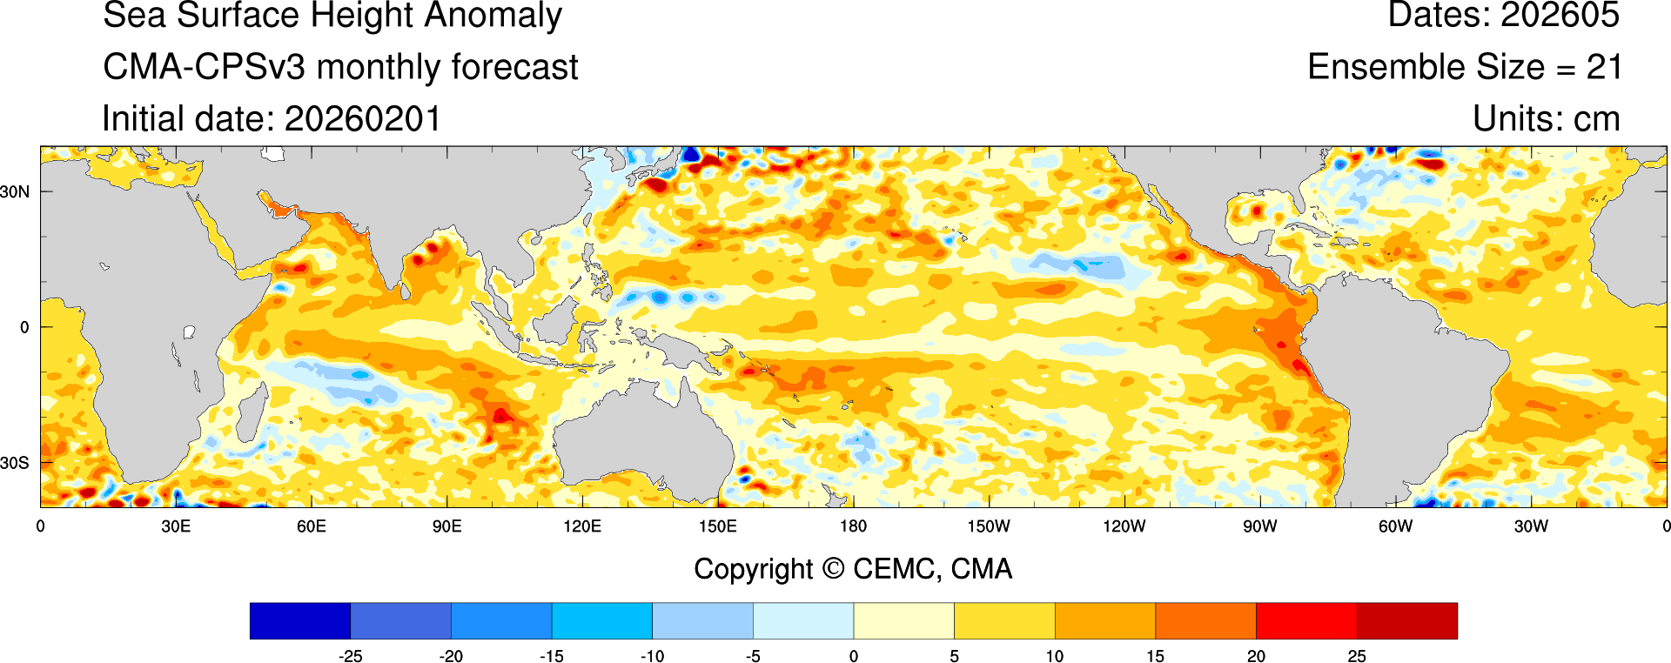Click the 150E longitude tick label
(718, 526)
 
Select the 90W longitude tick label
(1259, 526)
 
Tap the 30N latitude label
(15, 191)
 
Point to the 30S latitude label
(15, 463)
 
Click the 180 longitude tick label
(853, 526)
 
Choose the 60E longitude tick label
(312, 526)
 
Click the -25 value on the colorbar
(350, 656)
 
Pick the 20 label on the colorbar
(1256, 656)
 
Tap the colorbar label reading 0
(854, 656)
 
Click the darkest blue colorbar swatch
(300, 620)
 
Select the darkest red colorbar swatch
(1406, 620)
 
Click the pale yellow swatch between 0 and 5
(903, 620)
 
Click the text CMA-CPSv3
(204, 67)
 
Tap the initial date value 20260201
(363, 119)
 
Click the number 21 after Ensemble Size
(1603, 67)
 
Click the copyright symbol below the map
(833, 569)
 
